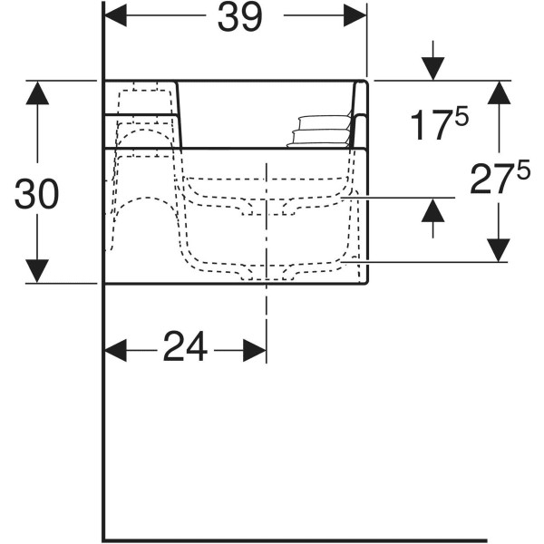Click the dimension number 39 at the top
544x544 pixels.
pyautogui.click(x=239, y=17)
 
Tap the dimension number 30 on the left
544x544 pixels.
pyautogui.click(x=37, y=194)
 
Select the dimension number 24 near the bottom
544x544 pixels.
pyautogui.click(x=185, y=346)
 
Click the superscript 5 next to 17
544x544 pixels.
pyautogui.click(x=461, y=116)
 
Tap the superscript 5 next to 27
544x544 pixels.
pyautogui.click(x=523, y=170)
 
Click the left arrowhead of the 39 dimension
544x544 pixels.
pyautogui.click(x=115, y=15)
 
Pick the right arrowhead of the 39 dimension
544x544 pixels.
pyautogui.click(x=355, y=15)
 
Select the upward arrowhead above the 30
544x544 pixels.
pyautogui.click(x=37, y=92)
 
